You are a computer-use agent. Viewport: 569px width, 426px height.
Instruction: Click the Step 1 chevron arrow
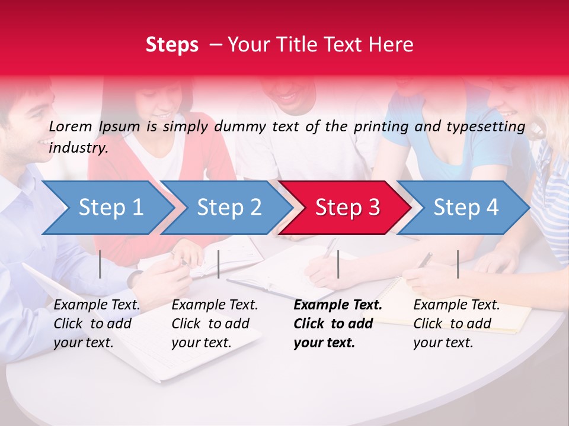pyautogui.click(x=110, y=208)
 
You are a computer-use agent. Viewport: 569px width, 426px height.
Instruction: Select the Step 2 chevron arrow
pyautogui.click(x=228, y=208)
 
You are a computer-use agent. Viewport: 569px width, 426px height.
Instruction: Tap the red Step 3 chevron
pyautogui.click(x=347, y=208)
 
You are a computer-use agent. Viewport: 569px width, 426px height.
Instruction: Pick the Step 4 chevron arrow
pyautogui.click(x=465, y=208)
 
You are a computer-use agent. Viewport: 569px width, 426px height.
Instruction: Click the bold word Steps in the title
pyautogui.click(x=172, y=45)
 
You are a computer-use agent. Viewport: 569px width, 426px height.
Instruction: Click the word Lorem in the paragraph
pyautogui.click(x=71, y=126)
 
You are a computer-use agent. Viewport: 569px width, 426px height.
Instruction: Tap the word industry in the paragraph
pyautogui.click(x=78, y=147)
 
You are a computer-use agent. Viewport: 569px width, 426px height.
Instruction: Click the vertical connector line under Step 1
pyautogui.click(x=100, y=264)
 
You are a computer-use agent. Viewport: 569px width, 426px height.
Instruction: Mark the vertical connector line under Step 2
pyautogui.click(x=219, y=264)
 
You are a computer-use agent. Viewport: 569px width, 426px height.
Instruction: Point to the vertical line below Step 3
pyautogui.click(x=338, y=264)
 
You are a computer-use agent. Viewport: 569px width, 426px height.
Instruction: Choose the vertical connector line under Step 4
pyautogui.click(x=458, y=264)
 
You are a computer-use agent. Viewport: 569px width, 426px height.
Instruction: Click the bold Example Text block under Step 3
pyautogui.click(x=337, y=324)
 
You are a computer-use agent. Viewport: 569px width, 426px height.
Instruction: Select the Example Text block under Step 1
pyautogui.click(x=97, y=324)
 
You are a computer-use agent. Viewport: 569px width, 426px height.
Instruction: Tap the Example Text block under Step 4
pyautogui.click(x=456, y=324)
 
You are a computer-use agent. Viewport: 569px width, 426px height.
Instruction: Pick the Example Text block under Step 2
pyautogui.click(x=215, y=324)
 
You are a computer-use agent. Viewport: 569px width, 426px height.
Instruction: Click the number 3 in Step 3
pyautogui.click(x=373, y=208)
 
